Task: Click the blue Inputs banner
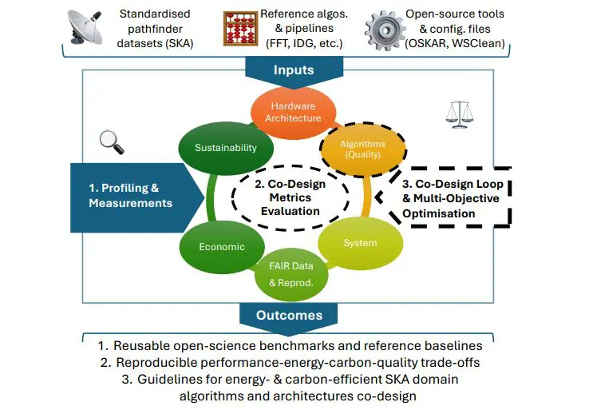coord(294,70)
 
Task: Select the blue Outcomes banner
coord(294,315)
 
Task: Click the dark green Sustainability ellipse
coord(226,147)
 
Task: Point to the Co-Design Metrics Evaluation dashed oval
coord(291,197)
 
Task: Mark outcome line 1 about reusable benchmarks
coord(294,346)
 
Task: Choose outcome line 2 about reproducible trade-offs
coord(294,362)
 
